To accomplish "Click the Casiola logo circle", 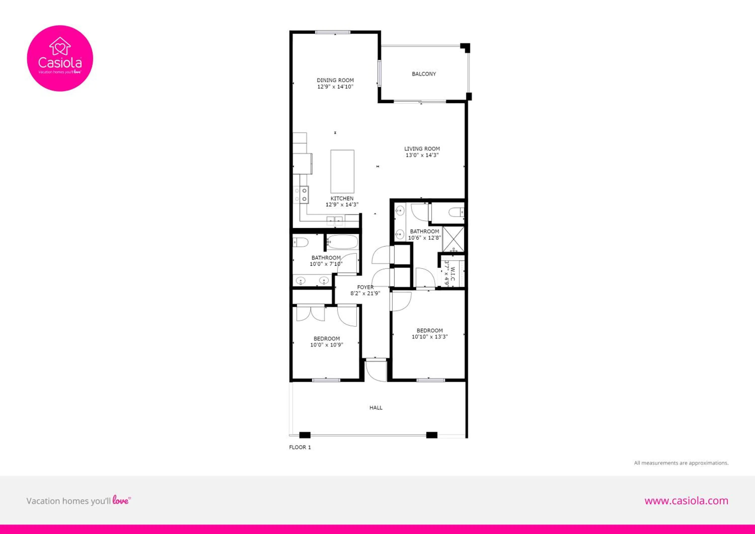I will [x=60, y=58].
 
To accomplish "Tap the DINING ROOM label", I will [x=335, y=80].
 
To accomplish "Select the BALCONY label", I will [x=424, y=74].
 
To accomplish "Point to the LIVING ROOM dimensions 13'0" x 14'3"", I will [x=422, y=155].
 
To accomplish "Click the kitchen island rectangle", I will [x=342, y=171].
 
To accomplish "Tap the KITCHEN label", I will [x=342, y=198].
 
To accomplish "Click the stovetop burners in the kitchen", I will [x=304, y=195].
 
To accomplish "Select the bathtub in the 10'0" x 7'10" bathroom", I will [x=342, y=242].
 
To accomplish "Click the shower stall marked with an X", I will [x=453, y=239].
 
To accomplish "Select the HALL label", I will [x=376, y=408].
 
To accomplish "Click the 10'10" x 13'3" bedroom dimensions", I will [x=429, y=337].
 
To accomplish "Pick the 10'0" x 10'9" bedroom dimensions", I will [x=326, y=345].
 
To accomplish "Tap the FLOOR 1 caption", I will [x=299, y=447].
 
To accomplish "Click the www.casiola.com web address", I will [x=686, y=501].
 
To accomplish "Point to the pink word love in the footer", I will [x=120, y=501].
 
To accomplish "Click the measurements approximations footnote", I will [x=681, y=463].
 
